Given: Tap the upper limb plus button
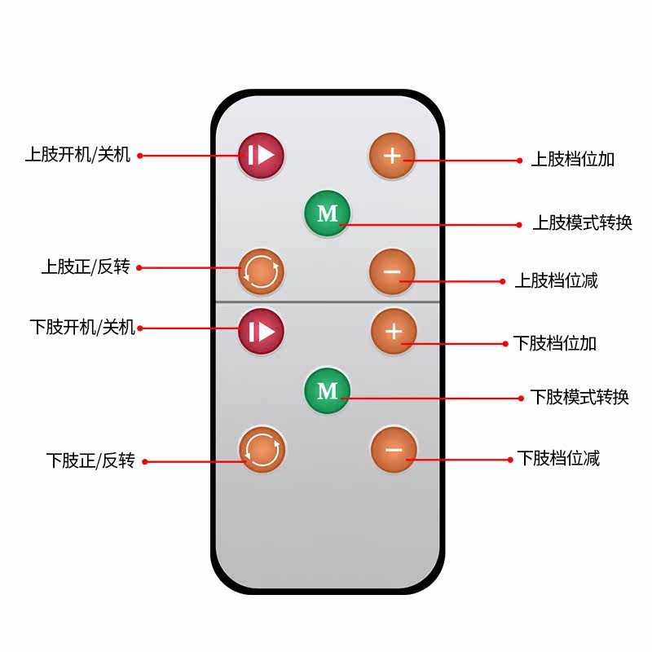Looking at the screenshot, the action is point(392,156).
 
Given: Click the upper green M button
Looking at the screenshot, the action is point(328,213).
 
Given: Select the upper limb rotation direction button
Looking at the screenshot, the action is point(261,271).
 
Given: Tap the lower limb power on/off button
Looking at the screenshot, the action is point(261,331).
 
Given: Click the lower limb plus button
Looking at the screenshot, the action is point(394,332).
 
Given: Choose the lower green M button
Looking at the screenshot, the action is point(328,390).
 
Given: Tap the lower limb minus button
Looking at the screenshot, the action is point(394,449).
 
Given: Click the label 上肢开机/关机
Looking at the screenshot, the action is point(77,154).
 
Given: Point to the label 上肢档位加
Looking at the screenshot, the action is point(573,159).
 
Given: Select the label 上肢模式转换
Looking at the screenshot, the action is point(582,222).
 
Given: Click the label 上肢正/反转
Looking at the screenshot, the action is point(86,267).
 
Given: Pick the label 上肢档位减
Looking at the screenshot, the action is point(557,280).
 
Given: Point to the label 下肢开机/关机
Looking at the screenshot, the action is point(83,328).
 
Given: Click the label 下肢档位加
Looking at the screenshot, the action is point(555,343).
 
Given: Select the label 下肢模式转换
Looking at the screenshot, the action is point(579,397).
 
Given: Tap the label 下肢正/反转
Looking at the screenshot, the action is point(90,460).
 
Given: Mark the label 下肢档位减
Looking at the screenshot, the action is point(558,458).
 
